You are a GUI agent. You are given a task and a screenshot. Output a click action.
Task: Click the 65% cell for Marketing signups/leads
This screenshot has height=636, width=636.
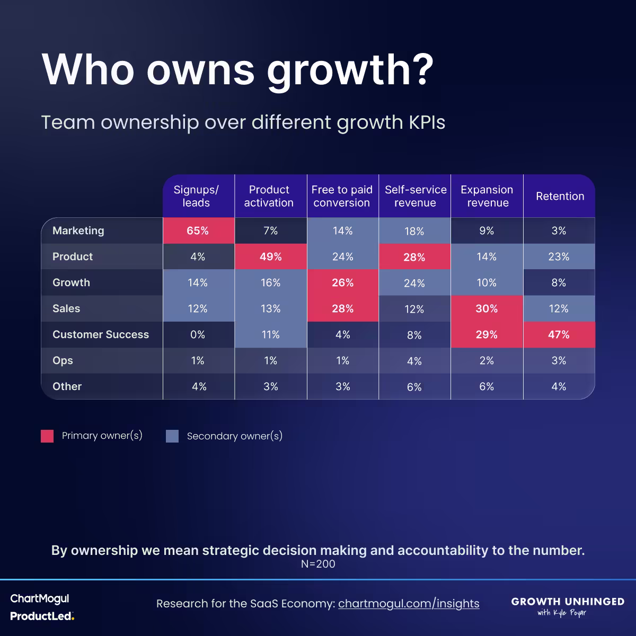point(198,231)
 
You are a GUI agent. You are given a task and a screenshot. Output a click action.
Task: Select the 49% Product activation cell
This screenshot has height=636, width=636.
point(270,257)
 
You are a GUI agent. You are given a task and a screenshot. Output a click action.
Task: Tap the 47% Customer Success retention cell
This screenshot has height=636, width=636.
point(559,334)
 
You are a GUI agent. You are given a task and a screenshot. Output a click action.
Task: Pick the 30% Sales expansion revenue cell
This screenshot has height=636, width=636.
point(487,308)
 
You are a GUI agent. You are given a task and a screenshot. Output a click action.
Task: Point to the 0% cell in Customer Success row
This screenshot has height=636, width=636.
point(198,334)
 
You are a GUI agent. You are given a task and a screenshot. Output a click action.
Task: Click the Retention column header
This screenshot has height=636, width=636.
point(560,196)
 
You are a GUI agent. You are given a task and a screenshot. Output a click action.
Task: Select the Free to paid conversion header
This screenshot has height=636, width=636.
point(342,196)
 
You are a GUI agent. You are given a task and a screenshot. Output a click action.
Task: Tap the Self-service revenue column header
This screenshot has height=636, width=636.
point(415,196)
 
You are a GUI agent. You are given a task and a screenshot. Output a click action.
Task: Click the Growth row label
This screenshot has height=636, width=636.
point(71,282)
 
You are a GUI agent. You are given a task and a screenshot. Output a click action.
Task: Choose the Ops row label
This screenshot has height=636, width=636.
point(63,360)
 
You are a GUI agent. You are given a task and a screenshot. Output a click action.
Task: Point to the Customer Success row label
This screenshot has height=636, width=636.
point(101,334)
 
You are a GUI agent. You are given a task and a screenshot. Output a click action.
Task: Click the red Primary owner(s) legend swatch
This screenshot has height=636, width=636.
point(47,436)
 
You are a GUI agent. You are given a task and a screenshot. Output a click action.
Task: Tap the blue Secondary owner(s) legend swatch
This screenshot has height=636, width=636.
point(172,436)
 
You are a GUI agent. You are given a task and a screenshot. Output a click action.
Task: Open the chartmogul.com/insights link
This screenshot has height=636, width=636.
point(409,604)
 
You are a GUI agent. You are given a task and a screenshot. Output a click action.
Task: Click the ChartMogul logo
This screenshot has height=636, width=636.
point(40,599)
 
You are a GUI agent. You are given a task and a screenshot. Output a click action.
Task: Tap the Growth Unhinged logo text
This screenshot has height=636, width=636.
point(568,602)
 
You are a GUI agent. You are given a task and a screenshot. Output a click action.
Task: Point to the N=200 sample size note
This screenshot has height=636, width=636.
point(318,564)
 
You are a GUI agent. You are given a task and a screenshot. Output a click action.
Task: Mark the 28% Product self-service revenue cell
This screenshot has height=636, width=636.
point(414,257)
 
